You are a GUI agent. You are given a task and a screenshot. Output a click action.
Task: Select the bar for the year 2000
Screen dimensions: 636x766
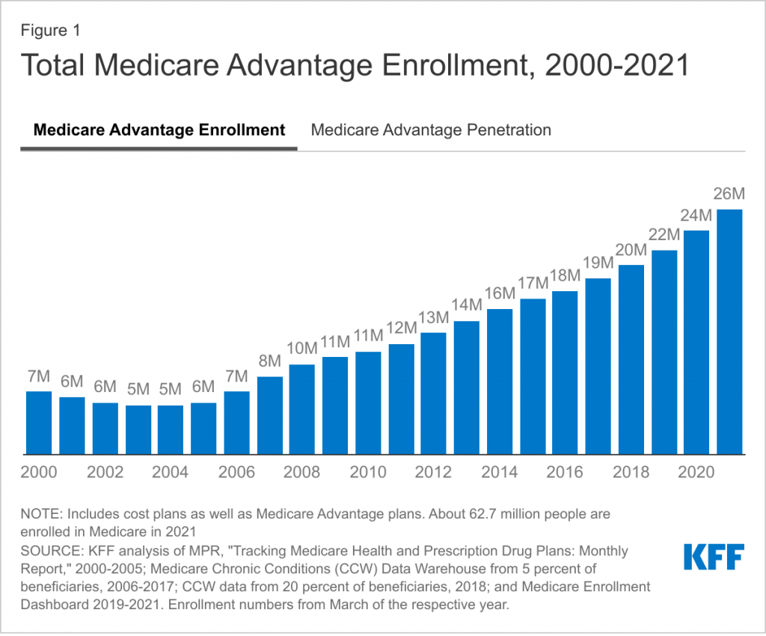point(39,423)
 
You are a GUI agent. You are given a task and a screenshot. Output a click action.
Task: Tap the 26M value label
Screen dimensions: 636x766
point(729,195)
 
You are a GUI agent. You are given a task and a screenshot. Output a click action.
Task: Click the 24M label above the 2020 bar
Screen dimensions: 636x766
point(696,215)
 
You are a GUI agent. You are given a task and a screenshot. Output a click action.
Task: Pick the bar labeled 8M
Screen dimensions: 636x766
point(269,415)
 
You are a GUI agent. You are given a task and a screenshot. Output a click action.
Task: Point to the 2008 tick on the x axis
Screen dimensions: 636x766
point(302,472)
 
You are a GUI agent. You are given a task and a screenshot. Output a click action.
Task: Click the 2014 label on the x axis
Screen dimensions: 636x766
point(500,472)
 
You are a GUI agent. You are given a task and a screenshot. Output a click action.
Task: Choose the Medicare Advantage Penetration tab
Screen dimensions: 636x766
point(431,130)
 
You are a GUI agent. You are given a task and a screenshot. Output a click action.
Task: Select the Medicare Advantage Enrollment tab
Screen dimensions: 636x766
point(159,130)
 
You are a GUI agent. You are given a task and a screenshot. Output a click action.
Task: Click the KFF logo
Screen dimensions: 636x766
point(713,557)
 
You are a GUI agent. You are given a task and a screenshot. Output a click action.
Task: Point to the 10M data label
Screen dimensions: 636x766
point(302,349)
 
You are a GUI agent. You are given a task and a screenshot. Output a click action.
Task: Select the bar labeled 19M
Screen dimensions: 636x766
point(598,366)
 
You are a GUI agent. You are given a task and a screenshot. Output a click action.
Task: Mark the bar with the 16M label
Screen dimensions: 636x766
point(500,382)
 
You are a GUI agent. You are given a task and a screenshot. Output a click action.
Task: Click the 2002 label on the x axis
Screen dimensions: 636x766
point(105,472)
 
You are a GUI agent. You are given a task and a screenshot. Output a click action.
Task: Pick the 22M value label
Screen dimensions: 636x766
point(664,235)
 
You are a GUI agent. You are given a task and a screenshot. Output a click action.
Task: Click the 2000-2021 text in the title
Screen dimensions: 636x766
point(616,66)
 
